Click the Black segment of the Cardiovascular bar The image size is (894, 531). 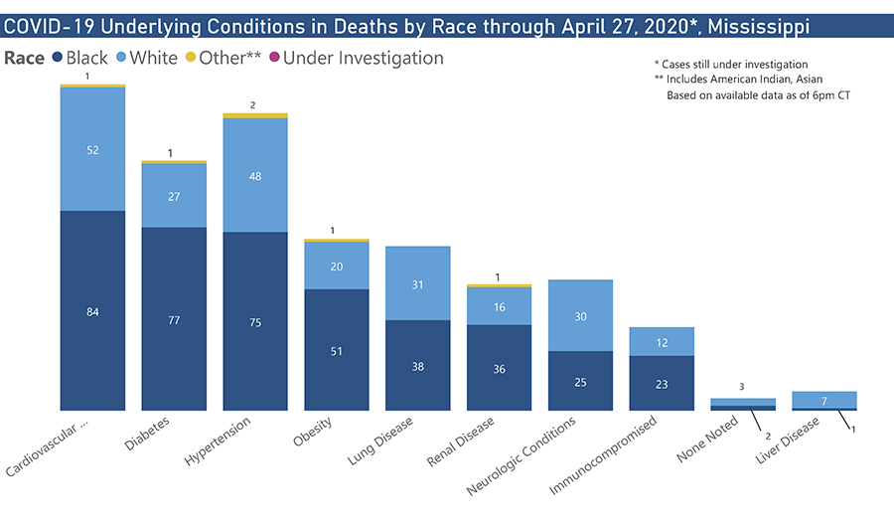tap(92, 310)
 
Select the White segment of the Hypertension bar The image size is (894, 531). tap(255, 175)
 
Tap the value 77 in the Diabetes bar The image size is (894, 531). tap(174, 320)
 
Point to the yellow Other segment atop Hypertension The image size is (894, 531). tap(255, 116)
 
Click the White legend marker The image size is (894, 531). tap(121, 57)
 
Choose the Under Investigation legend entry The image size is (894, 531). tap(357, 58)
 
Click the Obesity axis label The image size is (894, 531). tap(312, 432)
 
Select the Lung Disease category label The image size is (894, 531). tap(380, 441)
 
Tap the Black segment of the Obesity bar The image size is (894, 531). tap(337, 350)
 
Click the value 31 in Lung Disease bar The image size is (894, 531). tap(418, 285)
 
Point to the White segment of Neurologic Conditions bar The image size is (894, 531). tap(580, 315)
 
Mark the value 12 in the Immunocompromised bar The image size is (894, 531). tap(662, 343)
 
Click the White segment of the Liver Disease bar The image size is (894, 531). tap(824, 400)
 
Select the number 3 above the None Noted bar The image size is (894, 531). tap(742, 387)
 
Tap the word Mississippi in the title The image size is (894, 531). tap(758, 27)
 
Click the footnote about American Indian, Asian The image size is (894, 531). tap(738, 80)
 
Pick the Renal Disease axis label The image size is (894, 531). tap(461, 442)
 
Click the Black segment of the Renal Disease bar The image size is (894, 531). tap(499, 368)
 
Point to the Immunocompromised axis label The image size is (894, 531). tap(603, 455)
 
